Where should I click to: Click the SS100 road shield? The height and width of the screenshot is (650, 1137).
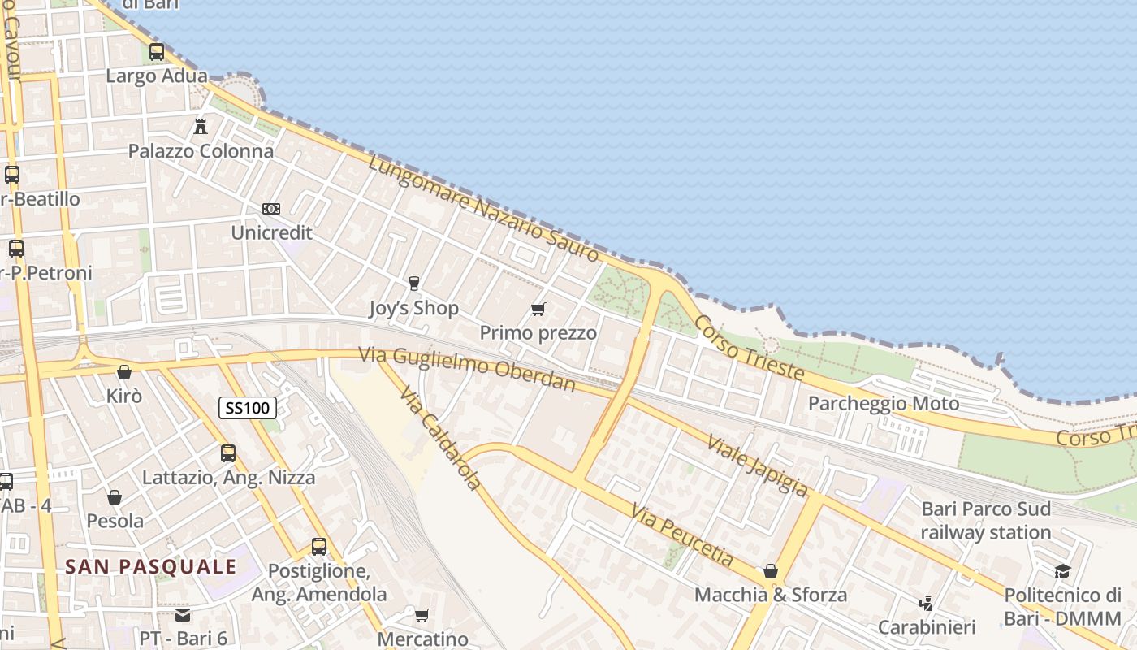point(248,408)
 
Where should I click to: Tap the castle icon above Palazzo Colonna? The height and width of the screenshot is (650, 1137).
point(201,126)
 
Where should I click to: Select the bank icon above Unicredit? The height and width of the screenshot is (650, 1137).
point(271,209)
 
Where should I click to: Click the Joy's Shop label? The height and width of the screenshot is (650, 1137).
point(413,308)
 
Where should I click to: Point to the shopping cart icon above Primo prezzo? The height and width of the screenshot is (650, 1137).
point(538,309)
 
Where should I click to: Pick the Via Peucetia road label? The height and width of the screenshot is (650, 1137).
point(681,535)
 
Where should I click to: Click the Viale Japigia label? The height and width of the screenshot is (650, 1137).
point(757,465)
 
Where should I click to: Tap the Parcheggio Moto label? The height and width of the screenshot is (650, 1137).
point(883,403)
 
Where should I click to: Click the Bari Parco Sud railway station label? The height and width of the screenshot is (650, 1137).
point(985,521)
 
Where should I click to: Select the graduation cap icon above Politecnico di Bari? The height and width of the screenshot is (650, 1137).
point(1062,571)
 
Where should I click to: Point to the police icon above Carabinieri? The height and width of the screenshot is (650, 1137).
point(926,604)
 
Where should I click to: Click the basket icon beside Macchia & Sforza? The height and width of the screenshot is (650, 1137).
point(771,571)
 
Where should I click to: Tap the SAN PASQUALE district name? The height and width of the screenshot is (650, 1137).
point(151,566)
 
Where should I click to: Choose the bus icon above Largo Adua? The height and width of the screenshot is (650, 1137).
point(157,52)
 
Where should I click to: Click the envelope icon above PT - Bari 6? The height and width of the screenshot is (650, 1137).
point(183,614)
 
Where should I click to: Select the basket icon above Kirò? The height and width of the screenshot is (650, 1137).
point(124,372)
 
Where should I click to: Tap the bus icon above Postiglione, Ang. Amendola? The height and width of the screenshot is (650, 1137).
point(319,547)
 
